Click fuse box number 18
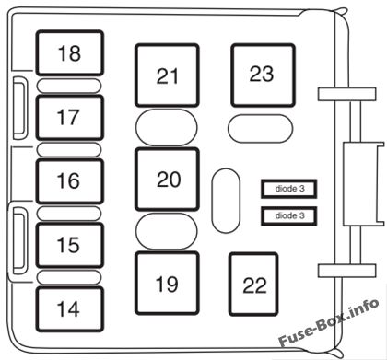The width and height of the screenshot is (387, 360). click(70, 52)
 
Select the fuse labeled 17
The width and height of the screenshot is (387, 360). click(70, 118)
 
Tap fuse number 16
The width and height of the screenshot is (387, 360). click(70, 181)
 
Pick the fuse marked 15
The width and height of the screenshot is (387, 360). click(70, 245)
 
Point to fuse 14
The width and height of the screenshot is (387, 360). click(70, 309)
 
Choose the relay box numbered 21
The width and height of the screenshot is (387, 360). click(167, 75)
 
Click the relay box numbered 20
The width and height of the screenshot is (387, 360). click(167, 180)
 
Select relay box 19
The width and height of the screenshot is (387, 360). click(167, 284)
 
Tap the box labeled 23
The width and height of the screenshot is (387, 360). click(264, 75)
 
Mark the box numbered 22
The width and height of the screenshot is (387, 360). click(253, 285)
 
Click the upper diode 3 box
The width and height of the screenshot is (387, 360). click(288, 189)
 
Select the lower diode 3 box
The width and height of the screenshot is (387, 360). click(288, 215)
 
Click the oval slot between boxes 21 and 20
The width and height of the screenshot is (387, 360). click(167, 127)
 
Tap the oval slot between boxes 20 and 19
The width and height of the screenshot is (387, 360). click(167, 231)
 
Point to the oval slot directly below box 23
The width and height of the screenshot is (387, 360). click(261, 128)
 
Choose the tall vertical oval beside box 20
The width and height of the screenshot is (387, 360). click(226, 201)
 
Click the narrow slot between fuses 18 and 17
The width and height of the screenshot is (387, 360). click(69, 86)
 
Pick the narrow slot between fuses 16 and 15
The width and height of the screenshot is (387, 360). click(69, 214)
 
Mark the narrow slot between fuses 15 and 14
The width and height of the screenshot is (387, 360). click(69, 277)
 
